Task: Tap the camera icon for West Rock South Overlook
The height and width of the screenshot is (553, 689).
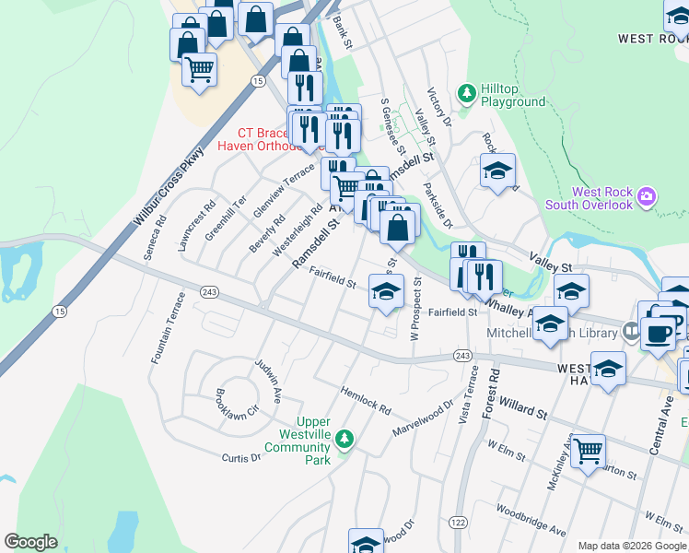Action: coord(647,196)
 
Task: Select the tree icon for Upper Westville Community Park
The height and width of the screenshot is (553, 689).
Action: coord(344,439)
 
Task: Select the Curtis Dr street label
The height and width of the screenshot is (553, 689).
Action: coord(242,457)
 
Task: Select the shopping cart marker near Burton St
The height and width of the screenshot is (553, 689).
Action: coord(588,451)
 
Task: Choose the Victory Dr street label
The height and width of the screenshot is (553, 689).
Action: coord(439,108)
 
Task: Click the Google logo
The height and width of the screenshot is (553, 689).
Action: coord(31,542)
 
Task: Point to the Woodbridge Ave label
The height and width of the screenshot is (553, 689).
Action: coord(531,520)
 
